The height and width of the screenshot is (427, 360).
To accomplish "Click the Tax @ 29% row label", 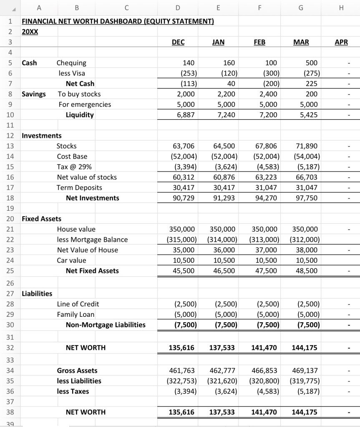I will pos(72,167).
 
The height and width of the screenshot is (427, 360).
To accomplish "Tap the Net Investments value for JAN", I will pos(224,198).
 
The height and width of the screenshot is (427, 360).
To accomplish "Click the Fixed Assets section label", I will pos(41,219).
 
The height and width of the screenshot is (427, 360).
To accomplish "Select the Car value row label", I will pos(71,260).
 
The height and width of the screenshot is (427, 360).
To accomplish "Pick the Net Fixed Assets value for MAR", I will pos(307,271).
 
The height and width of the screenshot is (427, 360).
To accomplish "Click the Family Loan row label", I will pos(76,314).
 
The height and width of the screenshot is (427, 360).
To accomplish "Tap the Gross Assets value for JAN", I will pos(222,371).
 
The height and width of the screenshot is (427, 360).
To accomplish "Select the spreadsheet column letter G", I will pos(301,7).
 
